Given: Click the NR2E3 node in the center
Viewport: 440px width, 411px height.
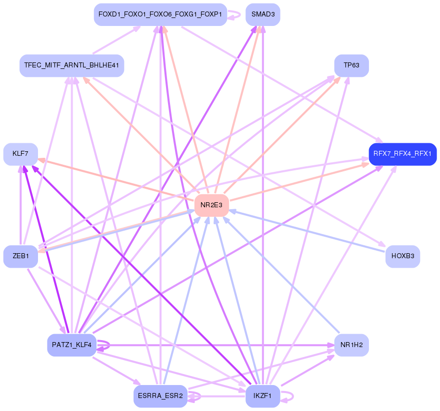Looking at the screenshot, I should [211, 205].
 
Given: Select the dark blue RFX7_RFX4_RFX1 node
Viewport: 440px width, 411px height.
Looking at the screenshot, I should [402, 154].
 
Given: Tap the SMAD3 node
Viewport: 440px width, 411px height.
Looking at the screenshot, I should [263, 14].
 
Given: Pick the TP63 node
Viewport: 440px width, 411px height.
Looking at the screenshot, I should [351, 65].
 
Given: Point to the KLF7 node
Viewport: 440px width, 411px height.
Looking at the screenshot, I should [20, 154].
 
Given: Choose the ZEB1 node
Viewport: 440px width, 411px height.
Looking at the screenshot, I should [20, 256].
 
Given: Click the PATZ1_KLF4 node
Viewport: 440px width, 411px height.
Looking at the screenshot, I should [71, 345].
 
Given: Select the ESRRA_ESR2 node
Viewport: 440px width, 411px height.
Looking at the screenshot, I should [160, 397].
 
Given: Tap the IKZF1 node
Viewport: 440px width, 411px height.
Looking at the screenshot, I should [262, 397].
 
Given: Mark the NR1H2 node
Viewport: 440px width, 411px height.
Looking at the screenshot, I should [351, 345].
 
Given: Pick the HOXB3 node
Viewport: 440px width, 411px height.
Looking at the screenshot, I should [402, 256].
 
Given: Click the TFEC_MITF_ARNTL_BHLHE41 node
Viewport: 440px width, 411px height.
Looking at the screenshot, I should [71, 65].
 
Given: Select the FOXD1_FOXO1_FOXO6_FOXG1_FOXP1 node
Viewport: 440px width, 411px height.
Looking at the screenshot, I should [160, 14].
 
